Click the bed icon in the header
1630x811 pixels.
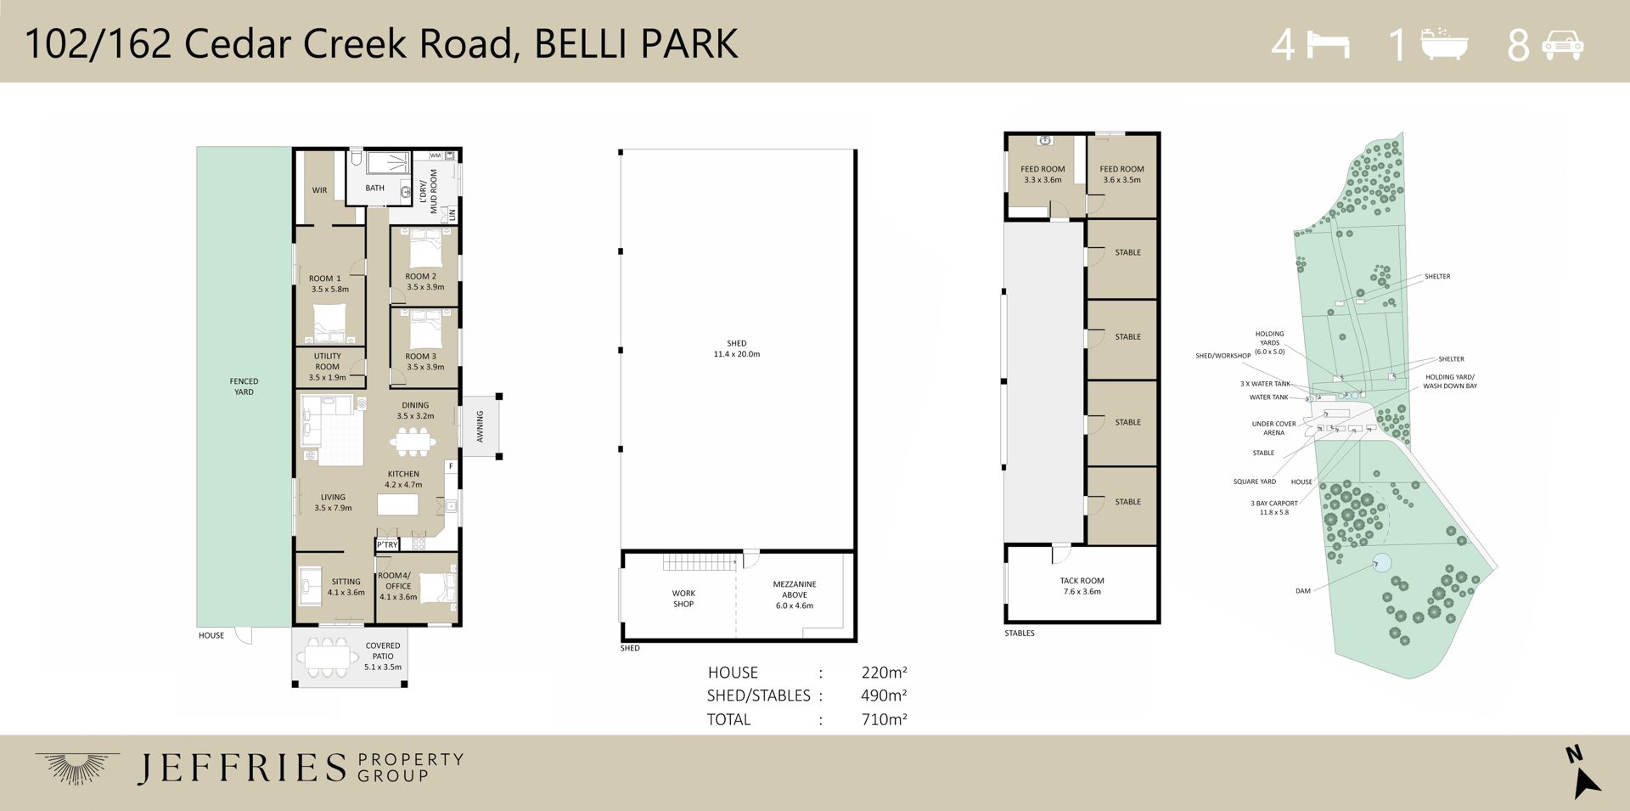point(1328,44)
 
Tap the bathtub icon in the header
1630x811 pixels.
point(1444,44)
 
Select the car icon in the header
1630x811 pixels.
point(1563,45)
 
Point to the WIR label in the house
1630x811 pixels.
point(319,190)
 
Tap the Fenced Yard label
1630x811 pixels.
point(244,386)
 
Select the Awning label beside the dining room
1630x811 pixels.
point(480,426)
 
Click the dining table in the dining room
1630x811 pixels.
point(413,442)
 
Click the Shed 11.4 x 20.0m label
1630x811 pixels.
point(737,349)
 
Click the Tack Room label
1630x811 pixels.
point(1082,586)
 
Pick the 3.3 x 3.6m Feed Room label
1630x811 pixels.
point(1043,174)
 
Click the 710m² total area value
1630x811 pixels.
point(884,719)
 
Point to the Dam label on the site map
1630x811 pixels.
point(1303,591)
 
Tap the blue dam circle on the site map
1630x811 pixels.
point(1381,562)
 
